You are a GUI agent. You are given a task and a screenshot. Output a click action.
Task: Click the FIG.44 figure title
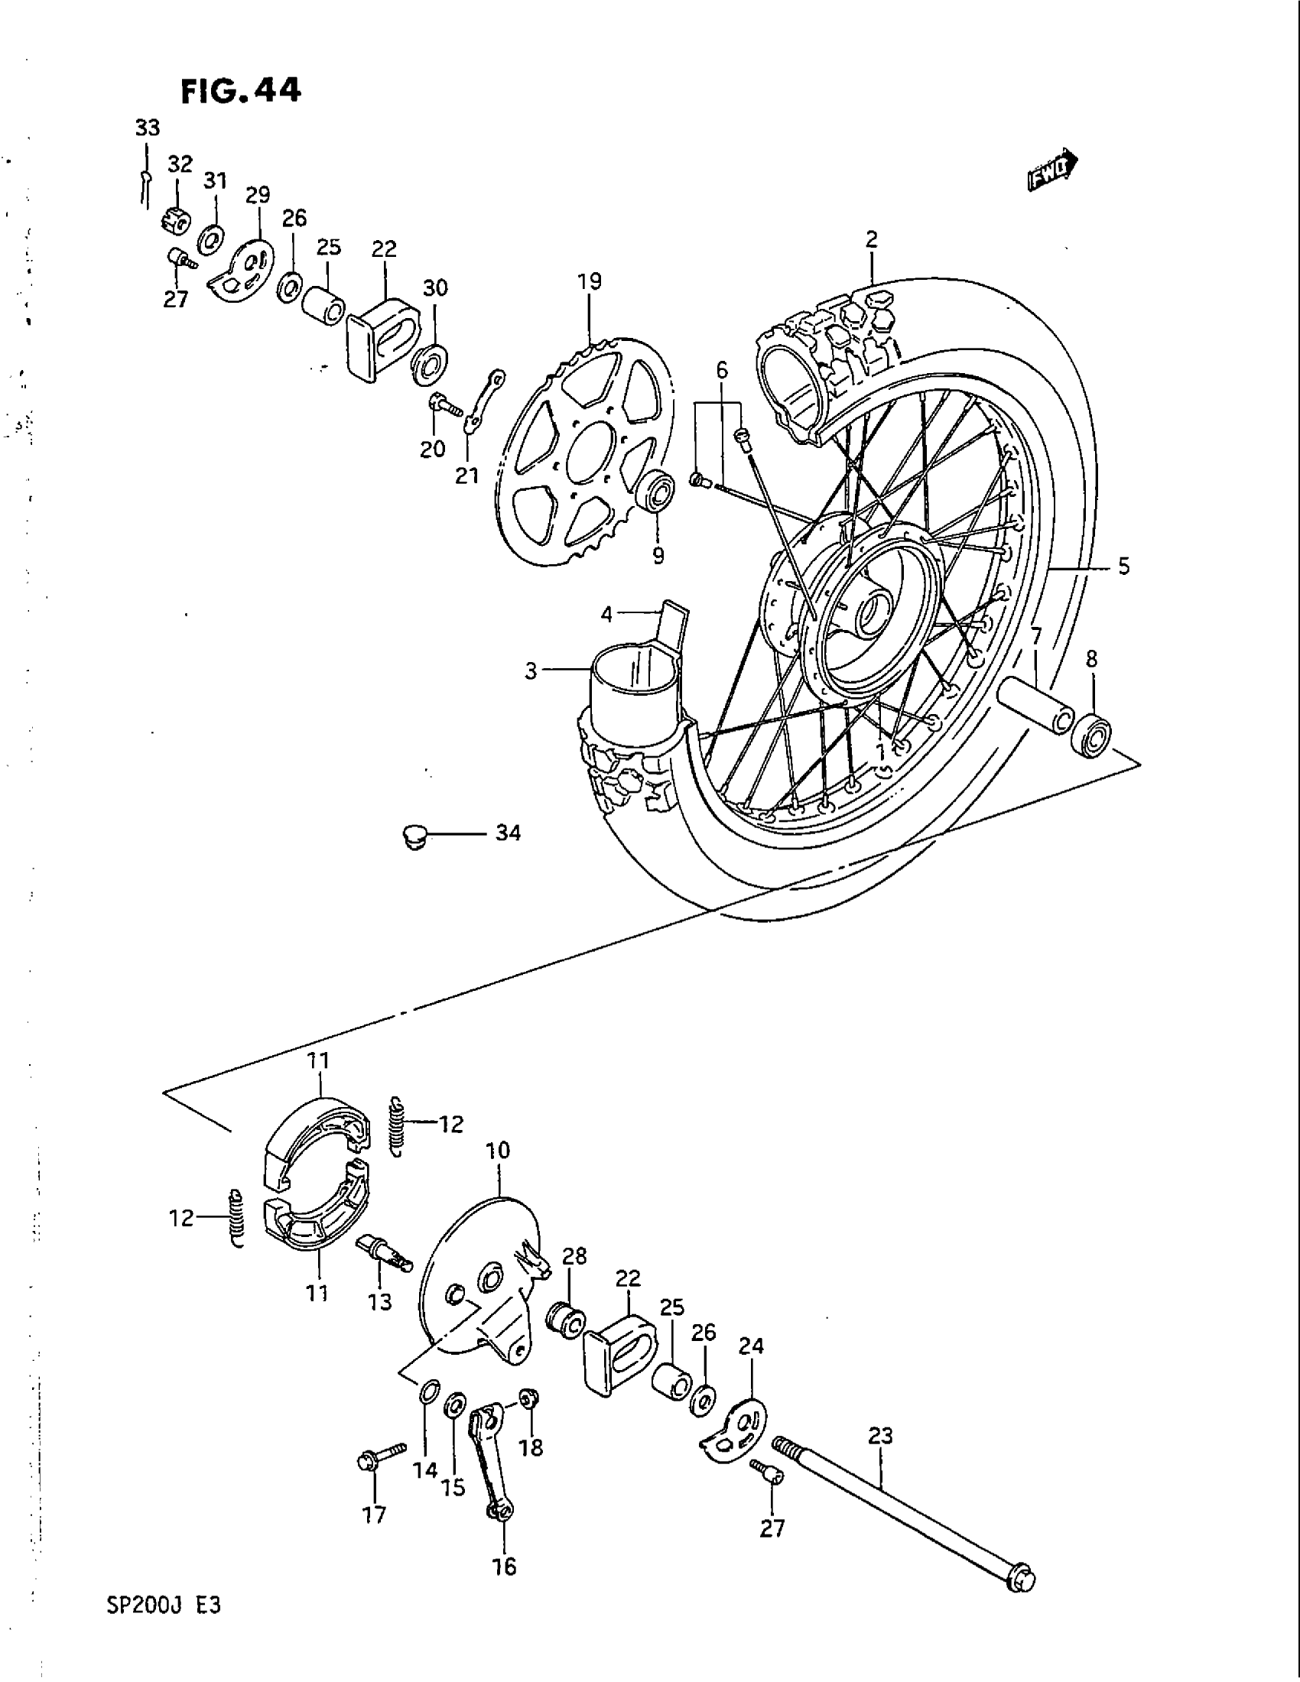(x=239, y=91)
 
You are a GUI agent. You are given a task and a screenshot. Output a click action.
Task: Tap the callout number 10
(x=498, y=1151)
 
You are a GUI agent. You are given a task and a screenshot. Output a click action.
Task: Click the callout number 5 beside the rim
(x=1123, y=567)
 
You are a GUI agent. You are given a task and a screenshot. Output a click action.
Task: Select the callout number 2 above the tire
(x=871, y=239)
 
